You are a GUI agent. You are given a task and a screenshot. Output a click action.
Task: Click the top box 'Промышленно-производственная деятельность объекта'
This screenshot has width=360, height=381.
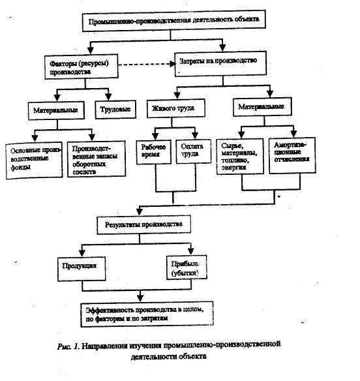coord(174,21)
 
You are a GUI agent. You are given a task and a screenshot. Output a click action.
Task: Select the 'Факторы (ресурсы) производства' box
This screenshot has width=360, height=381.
coord(82,67)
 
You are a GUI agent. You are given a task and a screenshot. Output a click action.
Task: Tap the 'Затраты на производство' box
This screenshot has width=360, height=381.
coord(220,64)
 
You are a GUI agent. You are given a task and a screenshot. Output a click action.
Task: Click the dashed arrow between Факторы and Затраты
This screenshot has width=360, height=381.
coord(147,65)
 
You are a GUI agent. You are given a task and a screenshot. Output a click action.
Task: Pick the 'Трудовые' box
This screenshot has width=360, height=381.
coord(115,110)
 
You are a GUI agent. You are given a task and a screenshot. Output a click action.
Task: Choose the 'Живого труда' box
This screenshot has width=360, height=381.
coord(176,108)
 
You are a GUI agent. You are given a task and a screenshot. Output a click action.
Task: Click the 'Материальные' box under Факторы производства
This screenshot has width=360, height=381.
coord(56,110)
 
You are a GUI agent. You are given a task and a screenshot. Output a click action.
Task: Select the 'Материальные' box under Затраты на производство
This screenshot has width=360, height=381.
coord(262,107)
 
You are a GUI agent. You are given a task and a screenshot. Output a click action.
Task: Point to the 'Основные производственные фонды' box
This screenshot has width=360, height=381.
coord(34,160)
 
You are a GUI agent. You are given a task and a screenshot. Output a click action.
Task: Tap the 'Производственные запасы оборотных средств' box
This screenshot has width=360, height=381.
coord(97,159)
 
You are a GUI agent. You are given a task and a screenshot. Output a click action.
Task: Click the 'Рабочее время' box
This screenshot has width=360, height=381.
coord(154,152)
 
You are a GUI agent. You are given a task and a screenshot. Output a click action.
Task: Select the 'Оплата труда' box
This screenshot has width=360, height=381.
coord(194,151)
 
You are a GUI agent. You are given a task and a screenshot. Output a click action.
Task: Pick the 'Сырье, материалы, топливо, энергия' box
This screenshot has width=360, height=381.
coord(240,157)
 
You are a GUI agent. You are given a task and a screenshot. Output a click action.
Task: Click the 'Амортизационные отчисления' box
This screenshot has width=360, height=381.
coord(292,155)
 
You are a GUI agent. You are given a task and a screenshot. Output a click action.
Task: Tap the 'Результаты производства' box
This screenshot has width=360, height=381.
coord(144,224)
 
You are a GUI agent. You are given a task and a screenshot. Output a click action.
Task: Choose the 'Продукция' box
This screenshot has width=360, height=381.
coord(82,269)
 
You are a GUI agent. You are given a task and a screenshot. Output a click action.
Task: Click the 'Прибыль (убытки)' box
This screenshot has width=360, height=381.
coord(187,267)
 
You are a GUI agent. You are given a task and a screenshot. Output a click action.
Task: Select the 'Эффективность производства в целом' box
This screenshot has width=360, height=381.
coord(147,314)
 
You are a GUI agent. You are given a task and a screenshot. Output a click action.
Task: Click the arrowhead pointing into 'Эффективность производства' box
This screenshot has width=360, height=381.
coord(140,298)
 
